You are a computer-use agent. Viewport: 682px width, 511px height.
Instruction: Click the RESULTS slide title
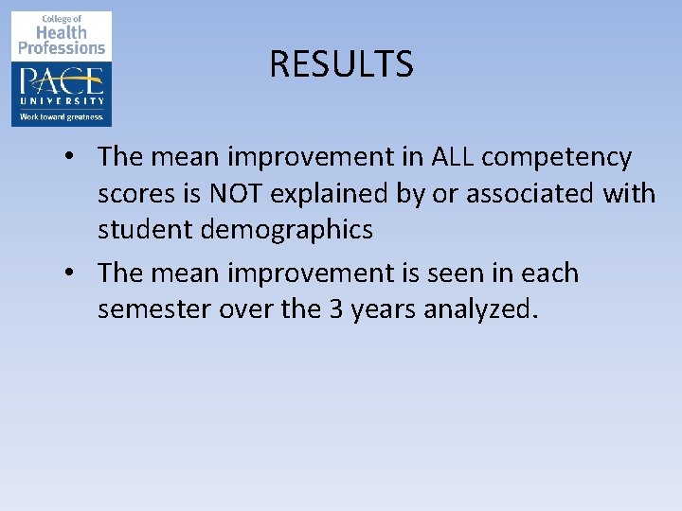[341, 64]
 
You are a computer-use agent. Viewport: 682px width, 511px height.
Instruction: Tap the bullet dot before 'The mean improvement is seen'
[72, 274]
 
